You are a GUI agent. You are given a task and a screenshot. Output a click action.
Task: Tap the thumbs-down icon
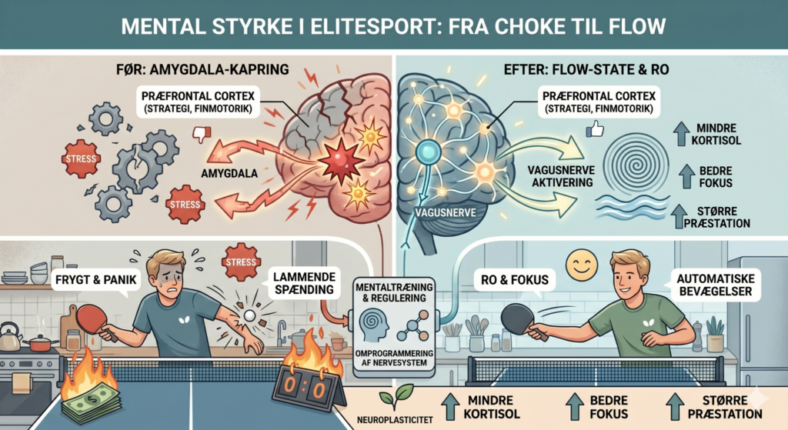[x=202, y=134]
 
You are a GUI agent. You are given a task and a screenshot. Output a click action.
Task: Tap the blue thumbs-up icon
[x=595, y=129]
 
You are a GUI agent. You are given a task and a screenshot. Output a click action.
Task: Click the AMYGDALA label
[x=229, y=174]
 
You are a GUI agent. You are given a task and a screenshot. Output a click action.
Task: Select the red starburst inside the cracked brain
[x=341, y=160]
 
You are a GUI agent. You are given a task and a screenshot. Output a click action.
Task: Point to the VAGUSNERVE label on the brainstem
[x=446, y=212]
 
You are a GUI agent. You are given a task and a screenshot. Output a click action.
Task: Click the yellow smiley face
[x=582, y=265]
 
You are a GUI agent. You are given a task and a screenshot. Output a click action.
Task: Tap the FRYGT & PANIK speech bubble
[x=96, y=280]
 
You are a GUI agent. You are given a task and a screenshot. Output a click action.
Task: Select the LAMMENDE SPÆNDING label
[x=304, y=283]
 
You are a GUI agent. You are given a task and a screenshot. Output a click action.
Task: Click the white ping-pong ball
[x=250, y=315]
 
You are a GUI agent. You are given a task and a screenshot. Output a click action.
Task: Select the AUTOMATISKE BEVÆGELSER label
[x=716, y=285]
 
